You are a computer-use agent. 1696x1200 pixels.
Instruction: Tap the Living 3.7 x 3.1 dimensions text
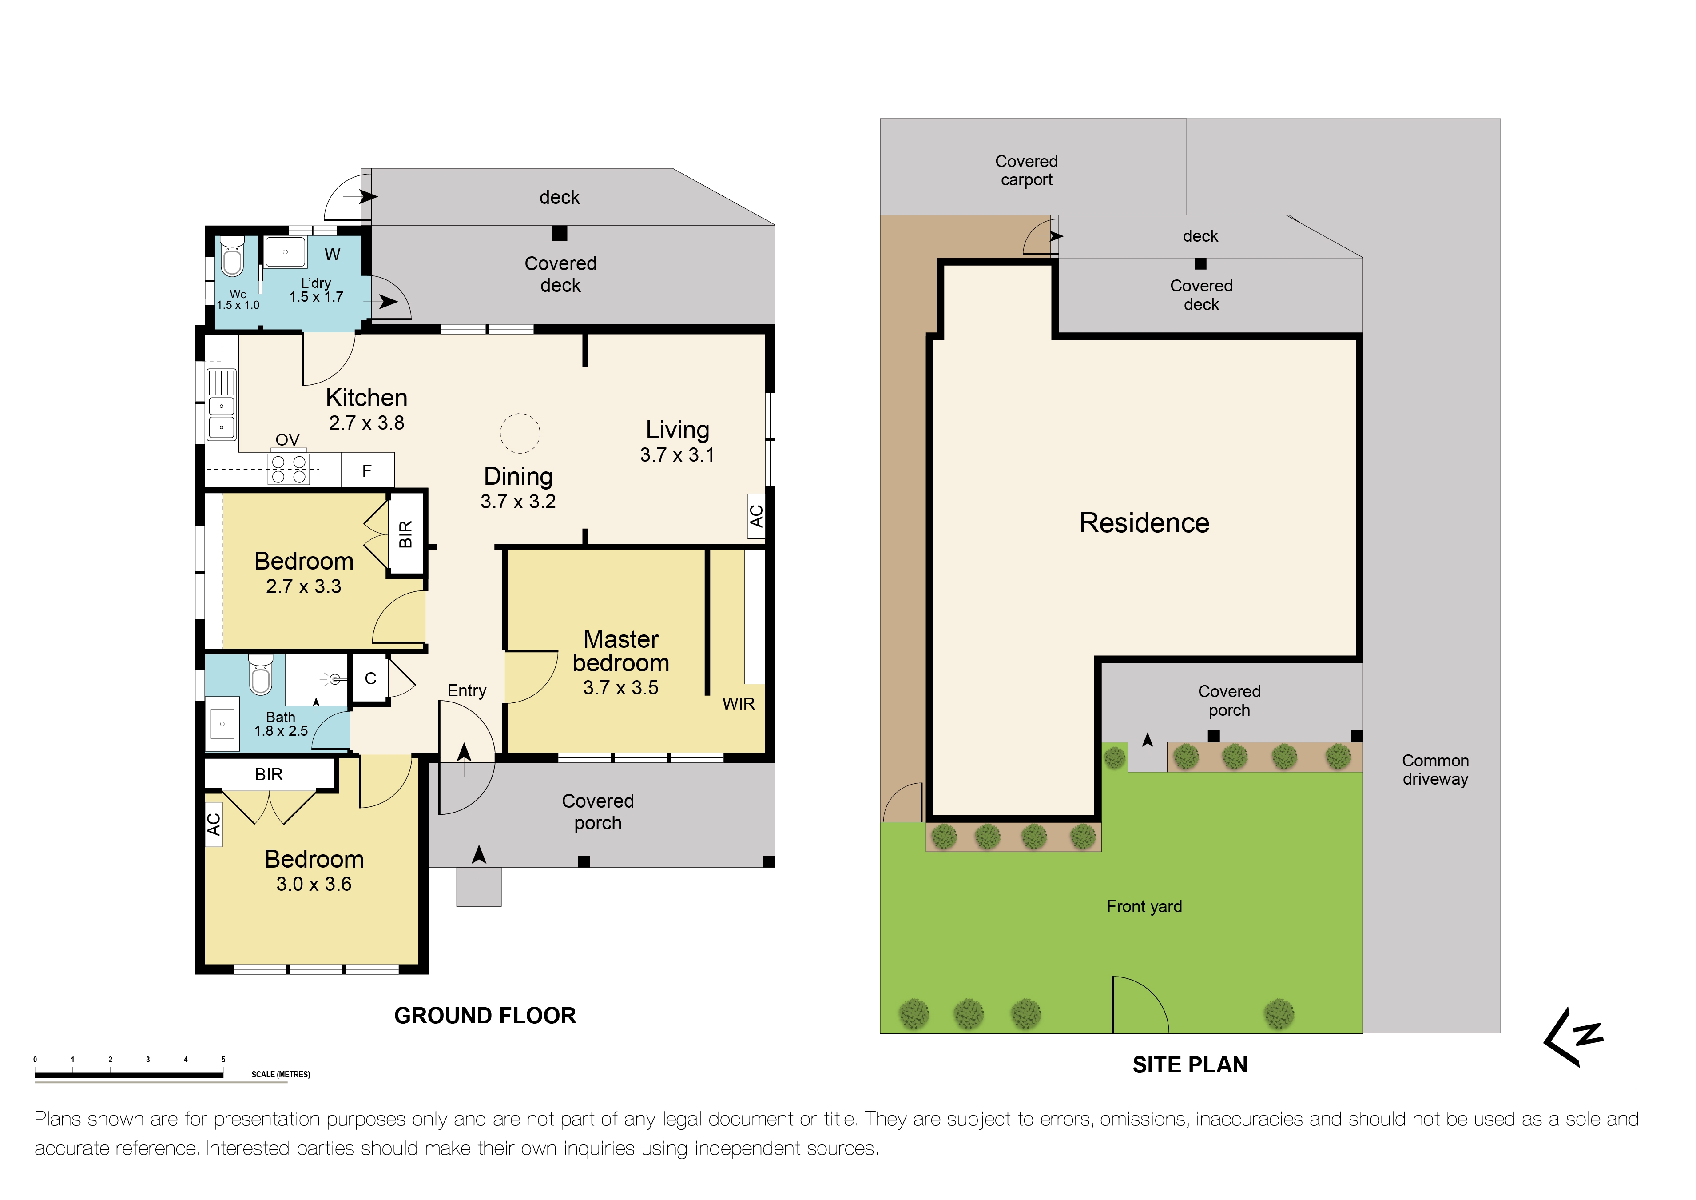677,455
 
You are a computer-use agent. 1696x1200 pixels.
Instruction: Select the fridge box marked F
367,470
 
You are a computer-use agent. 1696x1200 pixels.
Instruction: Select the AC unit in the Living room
756,516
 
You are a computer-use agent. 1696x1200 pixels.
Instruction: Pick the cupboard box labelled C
371,678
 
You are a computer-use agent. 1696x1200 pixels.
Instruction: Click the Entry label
466,691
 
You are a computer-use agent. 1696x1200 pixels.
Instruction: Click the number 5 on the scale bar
223,1060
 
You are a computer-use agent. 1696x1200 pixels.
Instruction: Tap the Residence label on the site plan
1144,523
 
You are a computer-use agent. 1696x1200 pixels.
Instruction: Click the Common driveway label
1434,770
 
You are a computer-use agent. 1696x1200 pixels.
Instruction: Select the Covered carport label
1026,171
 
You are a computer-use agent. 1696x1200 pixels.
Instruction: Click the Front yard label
1144,907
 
